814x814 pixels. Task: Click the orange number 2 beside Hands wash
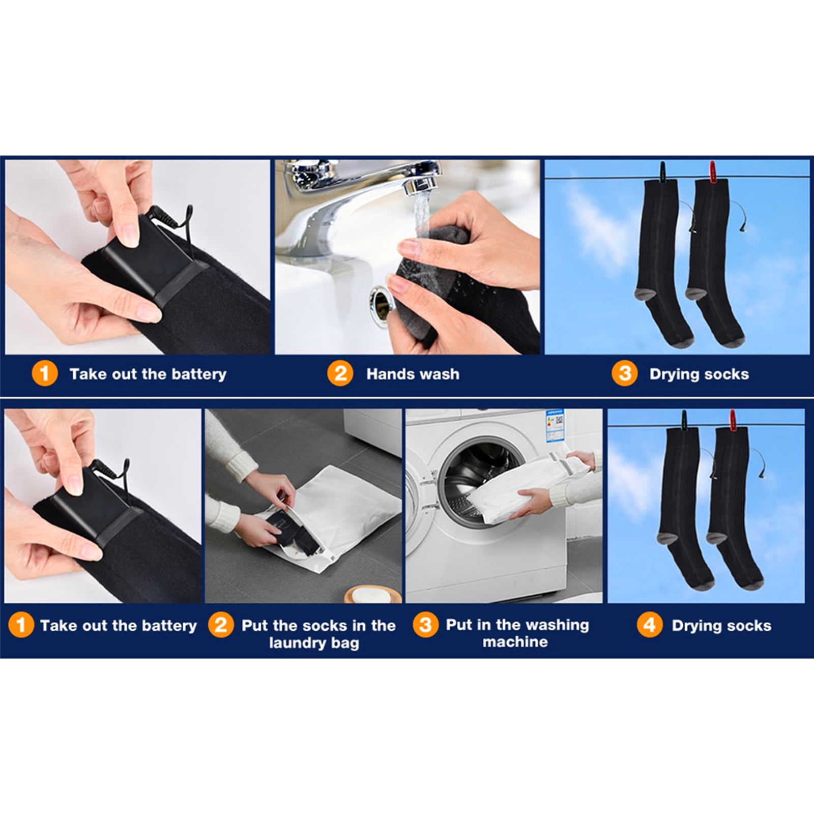340,374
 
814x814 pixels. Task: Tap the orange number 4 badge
650,625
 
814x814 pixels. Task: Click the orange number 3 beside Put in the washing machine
426,625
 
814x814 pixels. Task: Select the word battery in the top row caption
199,374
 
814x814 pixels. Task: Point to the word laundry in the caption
293,643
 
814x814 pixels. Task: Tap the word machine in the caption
515,642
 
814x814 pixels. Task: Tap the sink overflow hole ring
382,300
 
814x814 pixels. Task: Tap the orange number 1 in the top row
44,374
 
